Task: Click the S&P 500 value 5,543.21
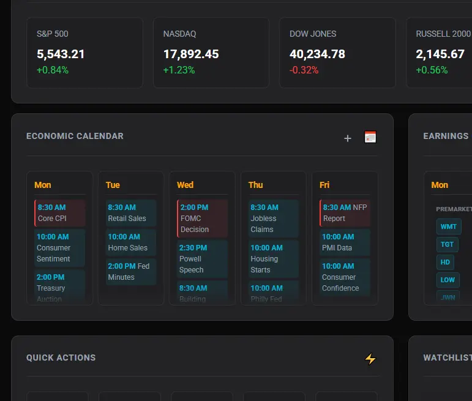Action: click(x=61, y=54)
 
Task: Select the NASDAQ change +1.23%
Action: click(x=179, y=70)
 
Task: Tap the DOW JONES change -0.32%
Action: click(x=304, y=70)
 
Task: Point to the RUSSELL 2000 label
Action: click(x=443, y=34)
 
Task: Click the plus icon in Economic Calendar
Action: click(x=348, y=138)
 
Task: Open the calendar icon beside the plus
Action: click(x=370, y=137)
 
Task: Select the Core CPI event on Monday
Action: click(x=60, y=213)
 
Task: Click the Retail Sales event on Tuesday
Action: click(x=131, y=213)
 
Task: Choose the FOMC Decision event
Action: click(x=203, y=219)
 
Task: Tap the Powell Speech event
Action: click(x=203, y=259)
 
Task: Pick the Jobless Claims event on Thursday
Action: click(x=274, y=219)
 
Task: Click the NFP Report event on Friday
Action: click(x=345, y=213)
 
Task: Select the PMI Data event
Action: click(x=345, y=242)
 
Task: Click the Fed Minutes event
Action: click(x=131, y=272)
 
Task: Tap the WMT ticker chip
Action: click(x=449, y=227)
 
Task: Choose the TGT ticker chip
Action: click(x=448, y=244)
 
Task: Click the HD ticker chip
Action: click(x=445, y=262)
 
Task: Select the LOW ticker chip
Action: click(x=448, y=280)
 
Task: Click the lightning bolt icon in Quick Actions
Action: click(x=370, y=359)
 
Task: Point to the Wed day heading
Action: click(x=185, y=185)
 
